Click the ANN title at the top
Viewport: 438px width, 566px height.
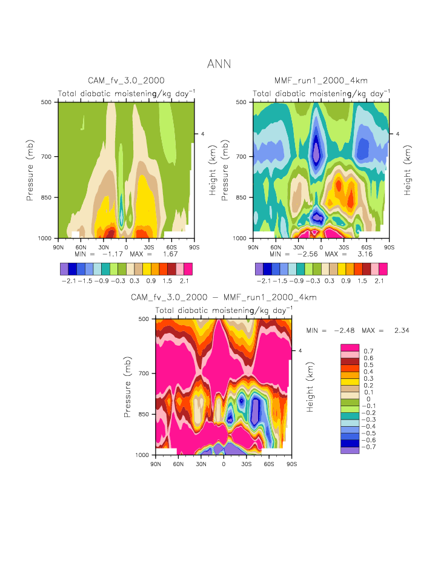(x=219, y=64)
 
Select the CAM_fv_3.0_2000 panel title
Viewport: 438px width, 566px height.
(x=126, y=81)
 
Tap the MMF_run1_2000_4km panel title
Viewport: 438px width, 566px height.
(x=321, y=81)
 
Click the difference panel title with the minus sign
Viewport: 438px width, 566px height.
(x=224, y=297)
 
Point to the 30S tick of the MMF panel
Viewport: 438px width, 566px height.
(x=343, y=247)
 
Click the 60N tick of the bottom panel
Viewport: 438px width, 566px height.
(x=178, y=464)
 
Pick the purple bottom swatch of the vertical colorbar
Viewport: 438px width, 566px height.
(x=350, y=450)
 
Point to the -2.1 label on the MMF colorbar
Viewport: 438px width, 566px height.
(x=263, y=281)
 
